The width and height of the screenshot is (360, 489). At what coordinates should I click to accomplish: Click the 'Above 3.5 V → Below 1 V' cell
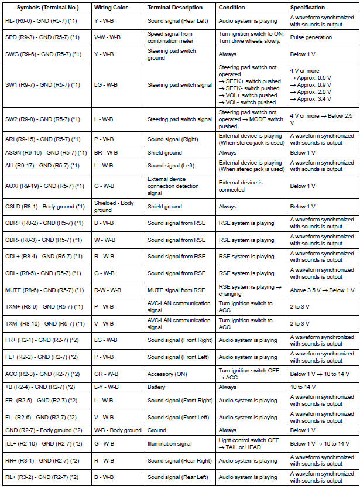(322, 290)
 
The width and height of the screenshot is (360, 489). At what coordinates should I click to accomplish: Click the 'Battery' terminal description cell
(157, 387)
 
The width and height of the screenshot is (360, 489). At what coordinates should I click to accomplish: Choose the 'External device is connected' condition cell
(241, 186)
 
